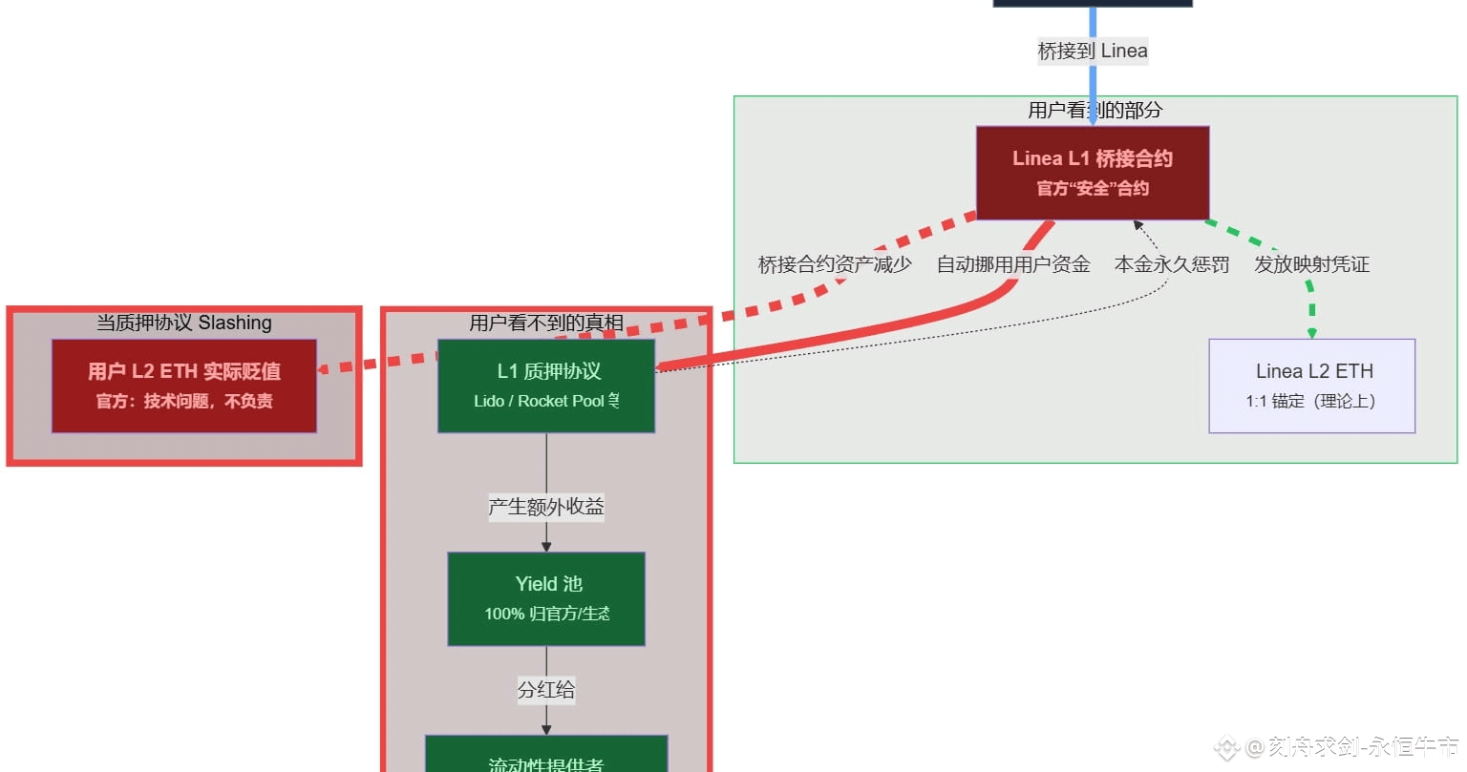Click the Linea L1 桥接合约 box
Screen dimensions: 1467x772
tap(1093, 173)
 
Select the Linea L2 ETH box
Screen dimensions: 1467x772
tap(1311, 386)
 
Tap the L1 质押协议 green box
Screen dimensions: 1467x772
tap(546, 386)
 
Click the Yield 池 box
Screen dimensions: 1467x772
tap(546, 598)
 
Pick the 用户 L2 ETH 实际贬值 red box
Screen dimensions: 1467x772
tap(184, 386)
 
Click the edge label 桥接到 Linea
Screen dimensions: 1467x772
tap(1093, 51)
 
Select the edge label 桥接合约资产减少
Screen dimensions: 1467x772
tap(835, 264)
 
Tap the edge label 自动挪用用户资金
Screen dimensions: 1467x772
tap(1013, 264)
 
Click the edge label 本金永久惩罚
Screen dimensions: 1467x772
tap(1172, 264)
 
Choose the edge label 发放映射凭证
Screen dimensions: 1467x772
tap(1311, 264)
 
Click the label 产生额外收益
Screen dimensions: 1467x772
tap(546, 507)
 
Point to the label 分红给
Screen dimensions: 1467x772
tap(546, 690)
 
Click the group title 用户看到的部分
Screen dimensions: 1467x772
tap(1095, 110)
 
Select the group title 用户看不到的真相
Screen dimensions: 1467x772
tap(546, 323)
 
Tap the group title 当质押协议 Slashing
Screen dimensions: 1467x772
tap(184, 323)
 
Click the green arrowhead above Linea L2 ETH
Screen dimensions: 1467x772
tap(1311, 333)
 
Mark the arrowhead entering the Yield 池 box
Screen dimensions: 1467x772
tap(546, 547)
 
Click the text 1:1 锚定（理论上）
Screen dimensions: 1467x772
tap(1310, 401)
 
